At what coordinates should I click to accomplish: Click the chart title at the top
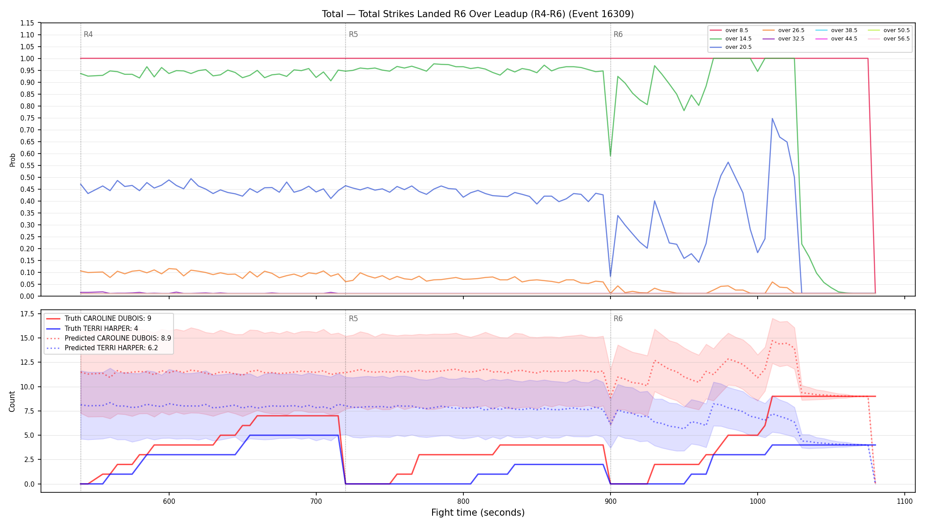point(478,14)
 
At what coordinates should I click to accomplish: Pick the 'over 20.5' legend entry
point(731,47)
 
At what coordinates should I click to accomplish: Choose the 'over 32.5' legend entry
point(784,39)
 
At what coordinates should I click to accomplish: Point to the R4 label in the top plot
point(88,34)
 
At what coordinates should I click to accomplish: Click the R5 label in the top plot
point(353,34)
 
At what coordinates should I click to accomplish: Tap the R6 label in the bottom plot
point(618,319)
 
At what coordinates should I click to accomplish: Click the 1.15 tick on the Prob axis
point(27,23)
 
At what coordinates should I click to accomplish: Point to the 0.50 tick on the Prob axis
point(27,177)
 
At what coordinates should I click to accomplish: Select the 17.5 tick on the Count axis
point(27,314)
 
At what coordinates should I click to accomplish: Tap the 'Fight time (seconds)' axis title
point(478,513)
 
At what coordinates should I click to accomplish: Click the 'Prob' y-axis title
point(13,160)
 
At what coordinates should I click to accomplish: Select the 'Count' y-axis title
point(12,402)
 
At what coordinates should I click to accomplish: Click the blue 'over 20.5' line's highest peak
point(772,118)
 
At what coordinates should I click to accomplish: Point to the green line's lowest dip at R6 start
point(610,156)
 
